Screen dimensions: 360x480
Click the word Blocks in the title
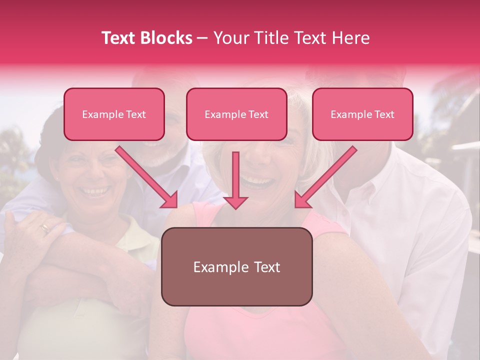[167, 38]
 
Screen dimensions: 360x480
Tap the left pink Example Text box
[114, 114]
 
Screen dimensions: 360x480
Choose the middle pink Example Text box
[236, 114]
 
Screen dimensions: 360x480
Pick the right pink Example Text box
[362, 114]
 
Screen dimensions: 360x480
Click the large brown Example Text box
[236, 266]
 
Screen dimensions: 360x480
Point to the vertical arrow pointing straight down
[235, 180]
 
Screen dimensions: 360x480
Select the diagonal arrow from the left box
[146, 177]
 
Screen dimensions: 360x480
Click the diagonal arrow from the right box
[325, 177]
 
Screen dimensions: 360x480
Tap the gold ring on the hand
[45, 228]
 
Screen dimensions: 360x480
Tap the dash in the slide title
[202, 38]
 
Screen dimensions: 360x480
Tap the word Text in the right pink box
[384, 114]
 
